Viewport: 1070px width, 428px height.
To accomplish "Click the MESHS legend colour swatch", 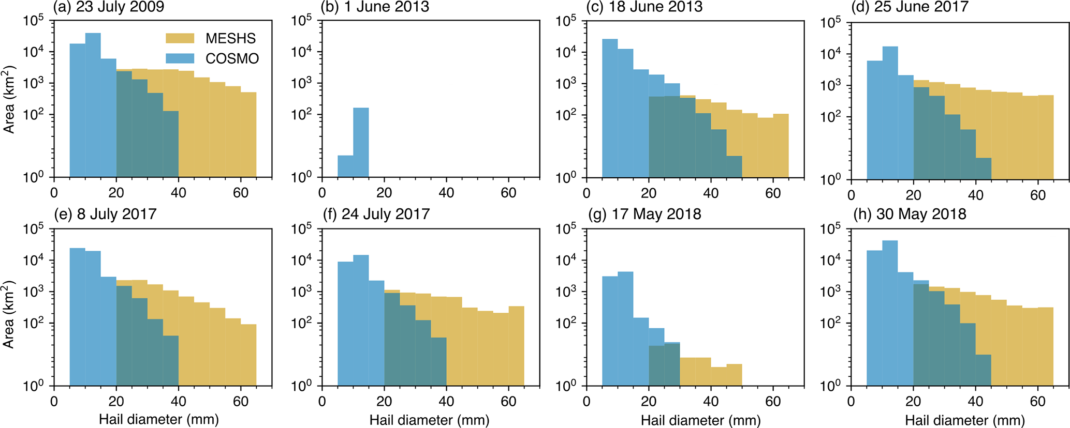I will point(180,38).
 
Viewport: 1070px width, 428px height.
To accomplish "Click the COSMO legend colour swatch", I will point(180,58).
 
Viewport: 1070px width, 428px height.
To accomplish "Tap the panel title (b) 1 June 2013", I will point(375,7).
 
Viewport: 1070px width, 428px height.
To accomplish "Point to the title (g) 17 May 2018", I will point(644,214).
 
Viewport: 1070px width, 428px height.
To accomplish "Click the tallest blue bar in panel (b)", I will point(361,142).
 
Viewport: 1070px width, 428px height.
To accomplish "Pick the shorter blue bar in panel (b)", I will point(345,166).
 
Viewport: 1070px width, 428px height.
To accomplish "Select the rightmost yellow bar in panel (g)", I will point(734,375).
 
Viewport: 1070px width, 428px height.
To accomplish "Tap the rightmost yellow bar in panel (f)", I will point(516,346).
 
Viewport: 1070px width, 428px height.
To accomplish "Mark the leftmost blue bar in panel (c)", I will point(610,108).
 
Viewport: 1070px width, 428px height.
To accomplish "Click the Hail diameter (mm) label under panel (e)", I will point(159,419).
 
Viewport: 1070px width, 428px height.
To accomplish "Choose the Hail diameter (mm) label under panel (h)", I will point(965,420).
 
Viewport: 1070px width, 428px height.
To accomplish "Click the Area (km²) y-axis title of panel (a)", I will point(9,99).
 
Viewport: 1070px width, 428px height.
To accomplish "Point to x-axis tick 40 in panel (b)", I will point(446,193).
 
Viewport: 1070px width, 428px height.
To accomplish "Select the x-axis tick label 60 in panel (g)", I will point(773,401).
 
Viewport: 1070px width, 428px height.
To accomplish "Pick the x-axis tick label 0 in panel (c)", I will point(587,193).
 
